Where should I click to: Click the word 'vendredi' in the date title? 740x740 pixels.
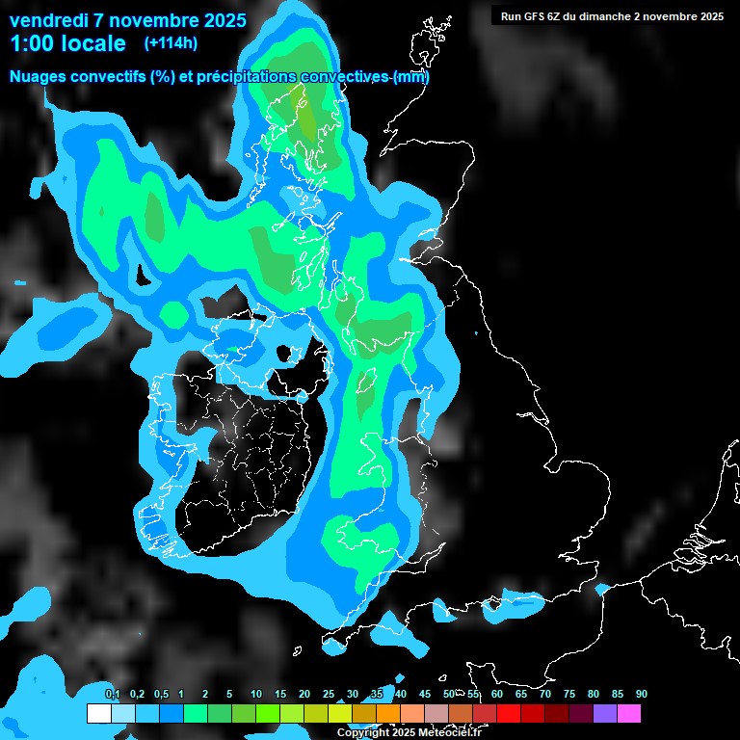48,20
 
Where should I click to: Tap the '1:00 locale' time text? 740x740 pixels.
67,43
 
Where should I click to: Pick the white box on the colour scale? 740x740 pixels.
98,714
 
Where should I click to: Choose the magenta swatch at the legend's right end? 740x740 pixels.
629,714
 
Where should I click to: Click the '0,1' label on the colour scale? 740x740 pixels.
112,694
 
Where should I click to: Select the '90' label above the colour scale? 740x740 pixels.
641,694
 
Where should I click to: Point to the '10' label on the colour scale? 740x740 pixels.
255,694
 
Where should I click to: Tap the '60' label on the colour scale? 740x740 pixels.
496,694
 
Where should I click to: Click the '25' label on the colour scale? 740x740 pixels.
328,694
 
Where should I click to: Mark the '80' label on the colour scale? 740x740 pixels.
593,694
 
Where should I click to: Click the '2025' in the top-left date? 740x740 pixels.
219,20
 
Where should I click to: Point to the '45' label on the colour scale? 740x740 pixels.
424,694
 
